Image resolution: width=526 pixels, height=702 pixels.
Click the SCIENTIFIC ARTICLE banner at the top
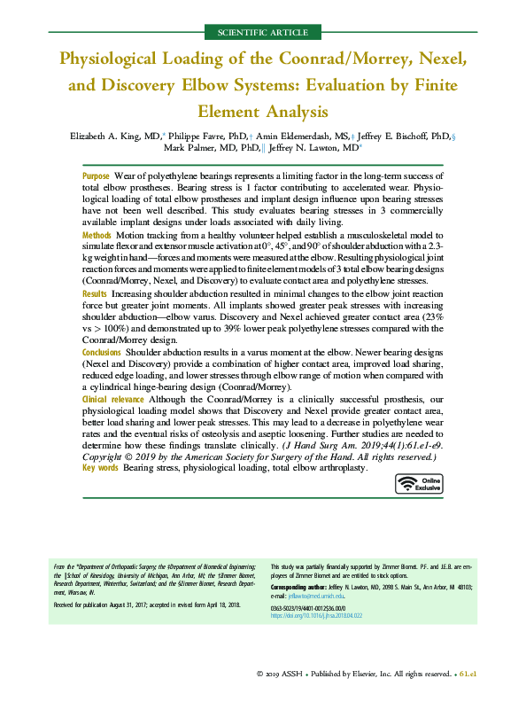point(262,33)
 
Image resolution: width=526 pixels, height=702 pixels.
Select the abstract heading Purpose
point(96,177)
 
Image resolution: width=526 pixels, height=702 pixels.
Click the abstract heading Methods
point(97,236)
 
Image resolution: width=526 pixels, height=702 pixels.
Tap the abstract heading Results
point(95,292)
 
